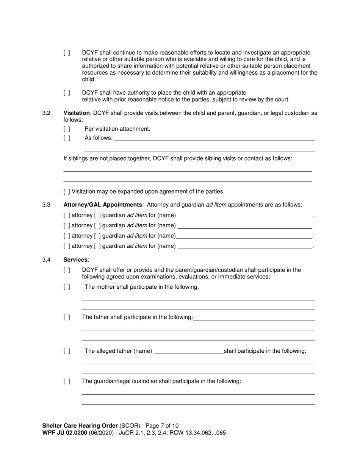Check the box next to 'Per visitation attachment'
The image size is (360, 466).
click(67, 129)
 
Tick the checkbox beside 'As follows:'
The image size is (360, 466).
click(67, 138)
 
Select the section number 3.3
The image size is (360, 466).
click(46, 205)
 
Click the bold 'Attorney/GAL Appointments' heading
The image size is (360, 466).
click(103, 205)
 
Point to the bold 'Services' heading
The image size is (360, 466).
click(75, 260)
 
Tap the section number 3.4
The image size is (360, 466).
click(46, 260)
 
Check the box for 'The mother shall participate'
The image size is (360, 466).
click(67, 287)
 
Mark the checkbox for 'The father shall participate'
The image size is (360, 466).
click(67, 317)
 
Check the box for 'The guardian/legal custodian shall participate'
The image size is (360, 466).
click(67, 382)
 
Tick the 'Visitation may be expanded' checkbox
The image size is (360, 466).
click(67, 192)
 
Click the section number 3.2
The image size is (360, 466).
click(46, 113)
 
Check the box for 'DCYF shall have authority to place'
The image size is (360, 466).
click(67, 93)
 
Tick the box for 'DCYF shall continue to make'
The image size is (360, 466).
click(67, 53)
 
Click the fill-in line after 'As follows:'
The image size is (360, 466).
click(214, 139)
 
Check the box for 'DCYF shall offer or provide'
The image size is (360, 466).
click(67, 271)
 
